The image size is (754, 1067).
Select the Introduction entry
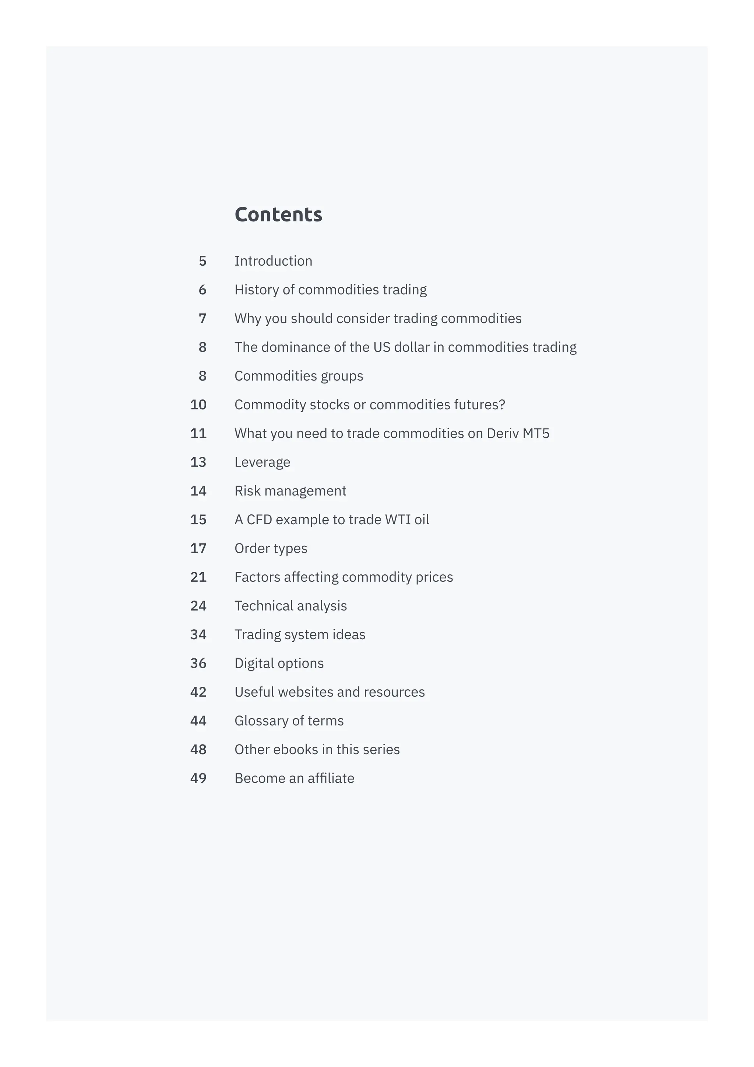pos(273,261)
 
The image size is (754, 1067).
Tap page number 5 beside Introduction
pos(202,261)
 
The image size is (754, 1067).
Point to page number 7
pos(202,319)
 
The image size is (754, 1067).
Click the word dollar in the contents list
pos(412,347)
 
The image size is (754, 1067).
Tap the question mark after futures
pos(501,405)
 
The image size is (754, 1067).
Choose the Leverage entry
pos(263,462)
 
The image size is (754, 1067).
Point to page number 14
pos(198,491)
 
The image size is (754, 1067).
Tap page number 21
pos(198,577)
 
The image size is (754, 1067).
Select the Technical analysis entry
pos(290,606)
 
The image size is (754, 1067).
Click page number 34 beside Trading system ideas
pos(198,635)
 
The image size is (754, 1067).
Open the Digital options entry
pos(279,664)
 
